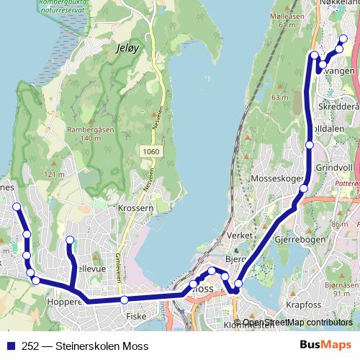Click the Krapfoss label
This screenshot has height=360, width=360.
302,305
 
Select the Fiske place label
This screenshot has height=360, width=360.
136,315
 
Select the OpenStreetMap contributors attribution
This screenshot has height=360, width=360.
297,323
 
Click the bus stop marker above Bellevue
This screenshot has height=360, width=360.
70,240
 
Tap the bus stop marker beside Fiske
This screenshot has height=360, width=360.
125,300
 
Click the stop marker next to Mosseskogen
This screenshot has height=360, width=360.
304,189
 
